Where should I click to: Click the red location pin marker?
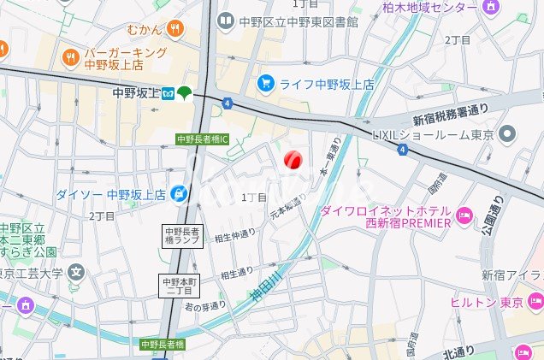(x=292, y=160)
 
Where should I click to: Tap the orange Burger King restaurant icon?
(x=70, y=56)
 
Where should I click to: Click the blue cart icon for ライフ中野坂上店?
(x=266, y=83)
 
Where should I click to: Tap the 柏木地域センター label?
(x=429, y=8)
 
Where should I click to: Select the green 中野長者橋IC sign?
(x=202, y=139)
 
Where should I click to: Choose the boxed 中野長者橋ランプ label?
(x=181, y=237)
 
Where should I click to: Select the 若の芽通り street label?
(x=205, y=305)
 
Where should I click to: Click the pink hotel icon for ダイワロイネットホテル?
(x=464, y=214)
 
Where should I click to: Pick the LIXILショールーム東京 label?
(x=435, y=133)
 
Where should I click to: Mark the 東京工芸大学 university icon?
(x=76, y=274)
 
